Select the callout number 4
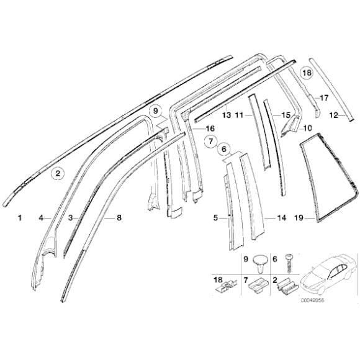[x=40, y=218]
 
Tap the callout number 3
[x=70, y=218]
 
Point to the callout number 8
[x=119, y=218]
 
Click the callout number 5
[x=215, y=218]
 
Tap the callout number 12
[x=333, y=115]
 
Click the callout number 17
[x=323, y=97]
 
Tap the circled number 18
[x=307, y=73]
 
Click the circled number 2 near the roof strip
[x=57, y=174]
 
